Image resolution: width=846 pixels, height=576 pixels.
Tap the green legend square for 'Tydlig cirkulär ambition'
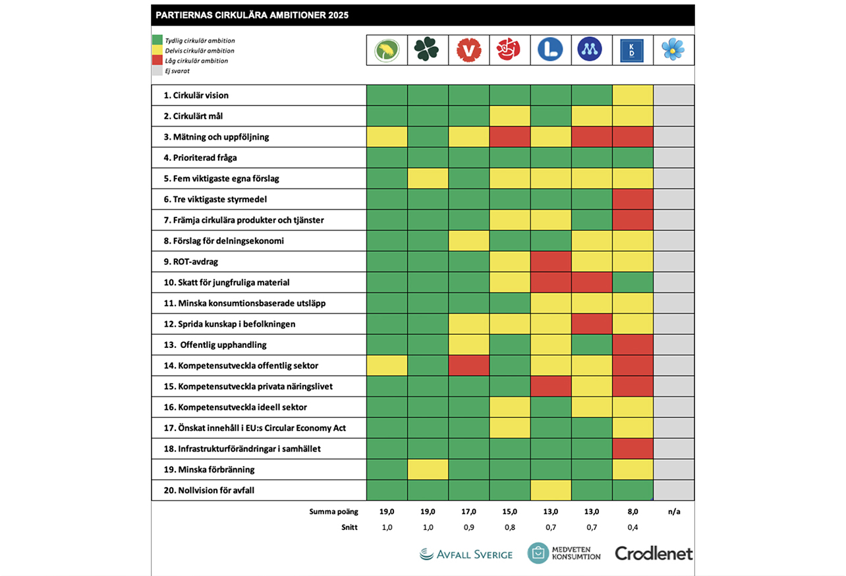(x=157, y=40)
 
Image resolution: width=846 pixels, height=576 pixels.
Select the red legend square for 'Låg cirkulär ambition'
(x=157, y=61)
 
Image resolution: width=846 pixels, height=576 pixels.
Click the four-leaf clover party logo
(x=428, y=49)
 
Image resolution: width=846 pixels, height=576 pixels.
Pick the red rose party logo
(x=510, y=49)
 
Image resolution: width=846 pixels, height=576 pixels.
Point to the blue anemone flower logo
(x=673, y=49)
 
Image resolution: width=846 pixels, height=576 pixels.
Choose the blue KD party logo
(x=633, y=49)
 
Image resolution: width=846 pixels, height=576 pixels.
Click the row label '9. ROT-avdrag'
(x=191, y=262)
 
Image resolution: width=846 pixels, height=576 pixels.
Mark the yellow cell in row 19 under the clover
(x=428, y=469)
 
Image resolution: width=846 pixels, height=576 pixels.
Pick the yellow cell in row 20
(x=551, y=490)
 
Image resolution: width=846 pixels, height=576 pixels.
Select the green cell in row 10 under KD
(x=633, y=283)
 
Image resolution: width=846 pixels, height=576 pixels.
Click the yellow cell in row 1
(x=633, y=96)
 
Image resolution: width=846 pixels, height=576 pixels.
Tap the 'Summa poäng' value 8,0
(x=633, y=511)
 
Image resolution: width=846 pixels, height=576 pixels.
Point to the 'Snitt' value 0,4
(x=633, y=527)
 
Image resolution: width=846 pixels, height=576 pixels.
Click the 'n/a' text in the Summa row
(x=673, y=511)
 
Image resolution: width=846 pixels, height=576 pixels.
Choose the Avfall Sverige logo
(x=466, y=554)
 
